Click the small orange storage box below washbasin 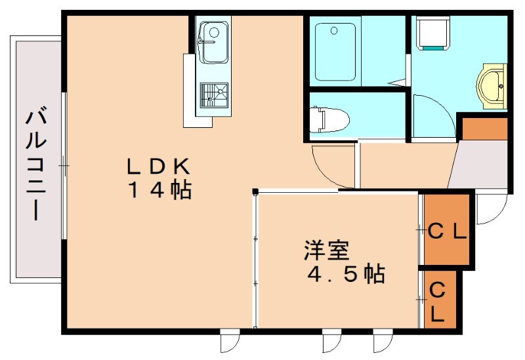tap(484, 128)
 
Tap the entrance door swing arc tap(489, 210)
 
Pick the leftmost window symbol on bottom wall tap(230, 341)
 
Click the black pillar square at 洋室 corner tap(255, 192)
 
